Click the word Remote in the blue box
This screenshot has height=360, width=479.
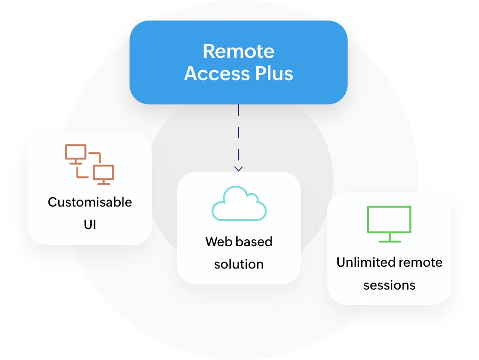pos(238,51)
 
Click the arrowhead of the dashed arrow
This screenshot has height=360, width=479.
pos(239,168)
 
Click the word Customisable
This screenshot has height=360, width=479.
pos(90,202)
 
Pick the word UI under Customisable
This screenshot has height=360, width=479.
pos(90,224)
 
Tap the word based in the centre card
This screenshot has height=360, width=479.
pos(253,242)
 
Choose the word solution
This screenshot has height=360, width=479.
pos(239,264)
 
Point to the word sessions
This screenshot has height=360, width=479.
pos(389,284)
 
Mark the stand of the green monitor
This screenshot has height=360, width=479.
pos(389,238)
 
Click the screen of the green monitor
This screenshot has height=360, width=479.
pos(389,219)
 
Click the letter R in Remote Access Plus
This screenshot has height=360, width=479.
pos(209,51)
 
